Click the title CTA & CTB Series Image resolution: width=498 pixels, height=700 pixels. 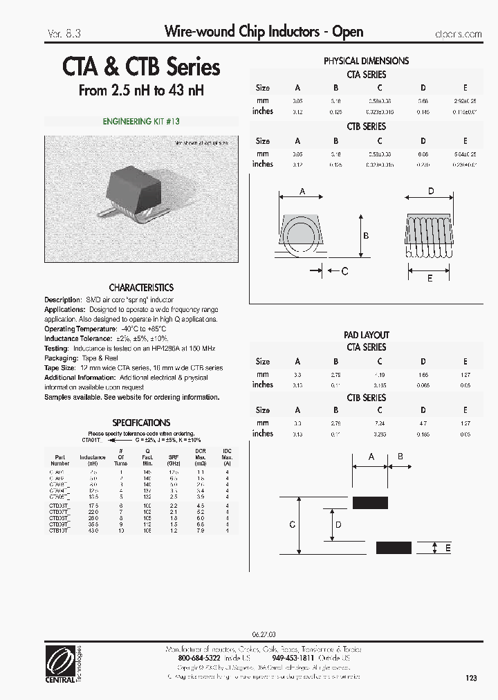click(x=141, y=66)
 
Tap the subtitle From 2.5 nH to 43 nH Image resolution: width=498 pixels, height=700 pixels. click(x=141, y=91)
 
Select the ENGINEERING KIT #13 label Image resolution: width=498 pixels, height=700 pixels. click(x=141, y=121)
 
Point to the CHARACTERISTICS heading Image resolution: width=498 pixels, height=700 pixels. click(x=141, y=287)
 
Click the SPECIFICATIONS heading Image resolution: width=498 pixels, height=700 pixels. click(x=141, y=422)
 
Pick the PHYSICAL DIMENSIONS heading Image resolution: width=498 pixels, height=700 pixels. click(x=366, y=61)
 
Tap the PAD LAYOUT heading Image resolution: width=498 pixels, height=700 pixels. click(x=366, y=335)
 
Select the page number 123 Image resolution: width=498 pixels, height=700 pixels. click(x=472, y=679)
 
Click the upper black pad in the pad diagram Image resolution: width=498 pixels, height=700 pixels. click(x=370, y=503)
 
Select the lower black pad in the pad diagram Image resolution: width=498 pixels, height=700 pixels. click(x=394, y=547)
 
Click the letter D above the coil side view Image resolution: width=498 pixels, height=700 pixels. click(x=431, y=191)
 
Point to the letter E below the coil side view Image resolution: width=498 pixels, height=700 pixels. click(x=430, y=278)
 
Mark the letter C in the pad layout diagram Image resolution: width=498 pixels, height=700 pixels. click(x=292, y=525)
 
